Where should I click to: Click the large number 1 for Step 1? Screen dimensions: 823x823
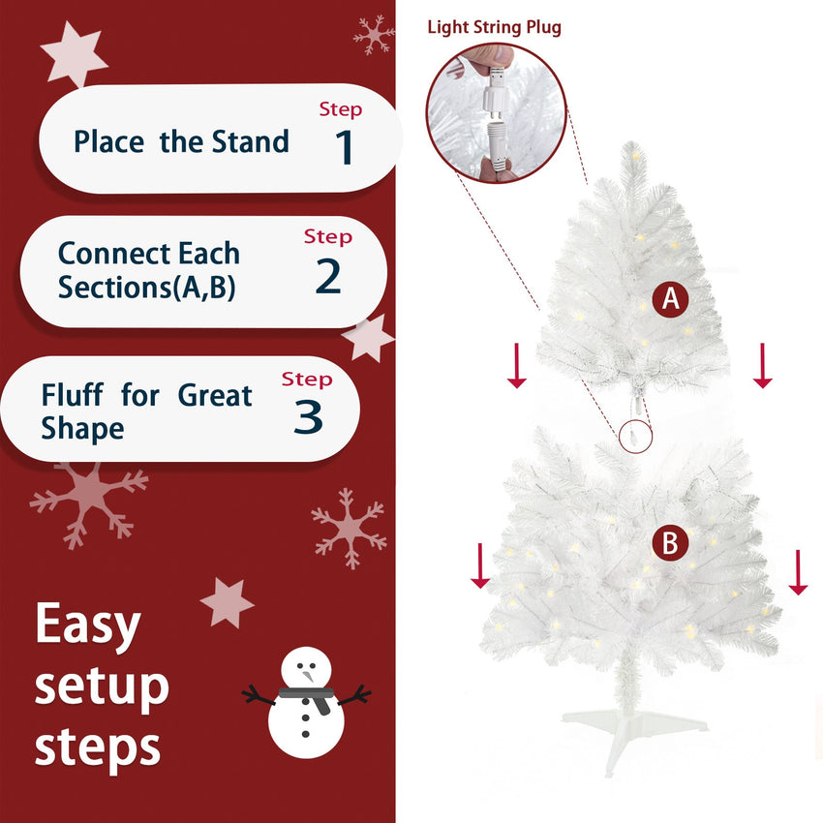(345, 146)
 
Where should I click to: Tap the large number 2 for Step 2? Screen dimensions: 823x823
(328, 276)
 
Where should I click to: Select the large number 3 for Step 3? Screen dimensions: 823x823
(307, 416)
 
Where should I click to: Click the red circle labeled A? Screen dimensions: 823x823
(669, 300)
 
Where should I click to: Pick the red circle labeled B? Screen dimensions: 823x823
(669, 543)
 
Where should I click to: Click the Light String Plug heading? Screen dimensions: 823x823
(494, 27)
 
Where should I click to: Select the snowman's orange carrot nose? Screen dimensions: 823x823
(309, 674)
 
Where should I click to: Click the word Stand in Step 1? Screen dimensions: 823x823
(252, 141)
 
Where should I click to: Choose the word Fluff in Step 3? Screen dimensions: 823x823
(74, 395)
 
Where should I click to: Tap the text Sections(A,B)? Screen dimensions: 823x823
(146, 288)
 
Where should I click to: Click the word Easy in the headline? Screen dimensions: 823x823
(87, 625)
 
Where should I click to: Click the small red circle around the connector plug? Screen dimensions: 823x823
(635, 438)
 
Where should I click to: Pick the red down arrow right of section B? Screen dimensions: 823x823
(798, 571)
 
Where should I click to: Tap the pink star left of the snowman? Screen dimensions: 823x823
(227, 602)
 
